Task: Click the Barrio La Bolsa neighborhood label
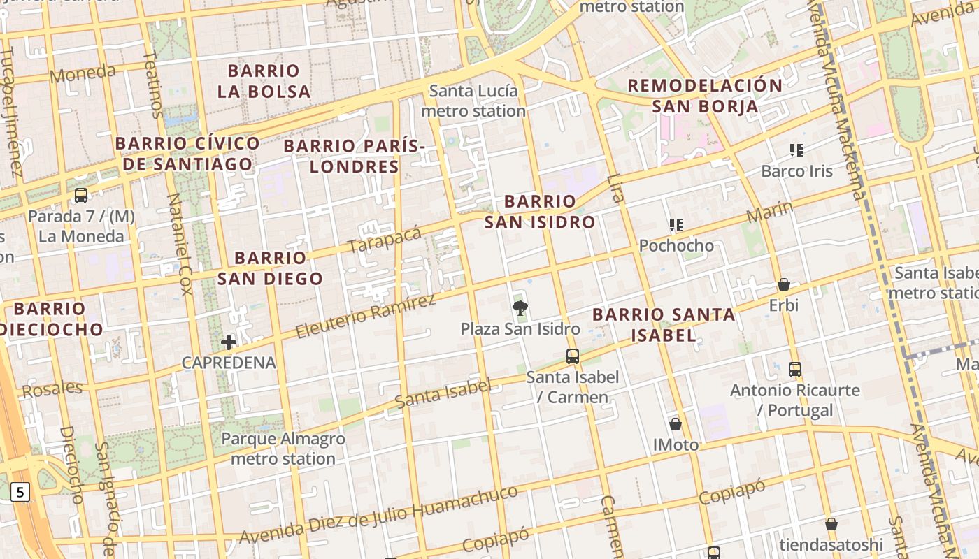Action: tap(264, 81)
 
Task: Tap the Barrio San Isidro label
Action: tap(540, 212)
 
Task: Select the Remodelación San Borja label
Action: tap(705, 96)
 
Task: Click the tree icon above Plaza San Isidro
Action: tap(520, 307)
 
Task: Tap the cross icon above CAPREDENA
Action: tap(229, 342)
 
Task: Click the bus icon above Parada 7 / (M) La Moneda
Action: tap(81, 196)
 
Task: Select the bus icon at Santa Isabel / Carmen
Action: tap(573, 356)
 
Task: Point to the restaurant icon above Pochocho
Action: tap(676, 225)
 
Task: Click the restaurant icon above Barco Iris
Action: tap(796, 150)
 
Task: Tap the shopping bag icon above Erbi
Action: tap(784, 285)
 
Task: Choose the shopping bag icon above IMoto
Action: tap(676, 424)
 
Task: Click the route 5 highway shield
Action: tap(20, 492)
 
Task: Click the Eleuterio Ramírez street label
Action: tap(365, 317)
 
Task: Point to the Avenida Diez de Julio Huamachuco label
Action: tap(378, 514)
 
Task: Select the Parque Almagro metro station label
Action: tap(283, 449)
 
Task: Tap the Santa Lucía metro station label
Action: tap(473, 101)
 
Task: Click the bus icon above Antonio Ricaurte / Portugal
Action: tap(795, 370)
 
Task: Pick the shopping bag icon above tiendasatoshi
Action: tap(831, 524)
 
